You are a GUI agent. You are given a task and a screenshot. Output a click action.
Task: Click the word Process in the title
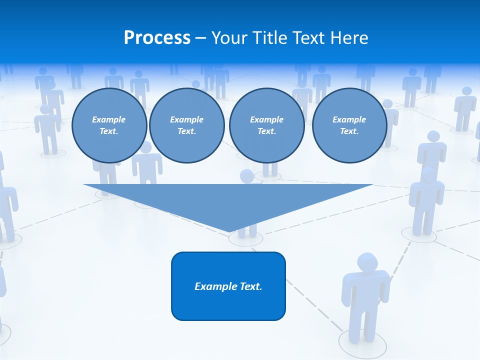coord(157,38)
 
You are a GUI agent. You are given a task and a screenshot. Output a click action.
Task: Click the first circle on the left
coord(109,125)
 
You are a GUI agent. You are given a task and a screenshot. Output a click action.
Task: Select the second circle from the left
coord(186,125)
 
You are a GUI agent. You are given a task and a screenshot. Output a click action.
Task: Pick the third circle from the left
coord(266,125)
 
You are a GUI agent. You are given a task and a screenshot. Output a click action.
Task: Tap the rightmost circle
coord(349,125)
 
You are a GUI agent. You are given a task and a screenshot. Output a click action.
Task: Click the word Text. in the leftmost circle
coord(109,131)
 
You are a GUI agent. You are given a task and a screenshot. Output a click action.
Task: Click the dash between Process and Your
coord(200,38)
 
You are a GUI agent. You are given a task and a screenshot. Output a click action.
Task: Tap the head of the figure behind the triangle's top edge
coord(246,176)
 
